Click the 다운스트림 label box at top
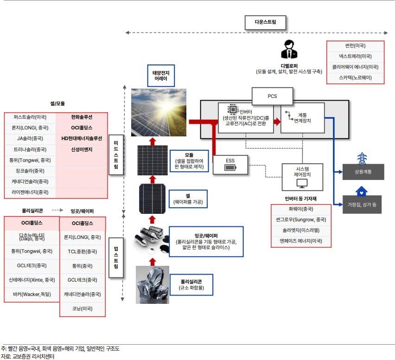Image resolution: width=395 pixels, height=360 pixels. [265, 22]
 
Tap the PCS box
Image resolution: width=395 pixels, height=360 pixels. [272, 96]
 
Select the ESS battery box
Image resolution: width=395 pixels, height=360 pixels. [230, 164]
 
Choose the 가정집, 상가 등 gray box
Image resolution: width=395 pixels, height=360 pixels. [363, 205]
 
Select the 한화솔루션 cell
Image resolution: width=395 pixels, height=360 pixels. [82, 117]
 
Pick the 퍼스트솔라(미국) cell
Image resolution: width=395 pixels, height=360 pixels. [30, 117]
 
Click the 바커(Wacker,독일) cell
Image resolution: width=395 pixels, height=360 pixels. [32, 294]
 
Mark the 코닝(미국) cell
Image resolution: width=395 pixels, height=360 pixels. [83, 309]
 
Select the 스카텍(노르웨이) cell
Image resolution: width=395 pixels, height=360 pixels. [355, 77]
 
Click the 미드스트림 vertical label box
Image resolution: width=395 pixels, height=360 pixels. [116, 155]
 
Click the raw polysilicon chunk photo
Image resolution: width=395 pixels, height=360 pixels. [152, 284]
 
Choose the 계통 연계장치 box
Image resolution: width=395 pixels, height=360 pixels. [302, 118]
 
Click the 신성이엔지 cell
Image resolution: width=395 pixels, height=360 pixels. [82, 149]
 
